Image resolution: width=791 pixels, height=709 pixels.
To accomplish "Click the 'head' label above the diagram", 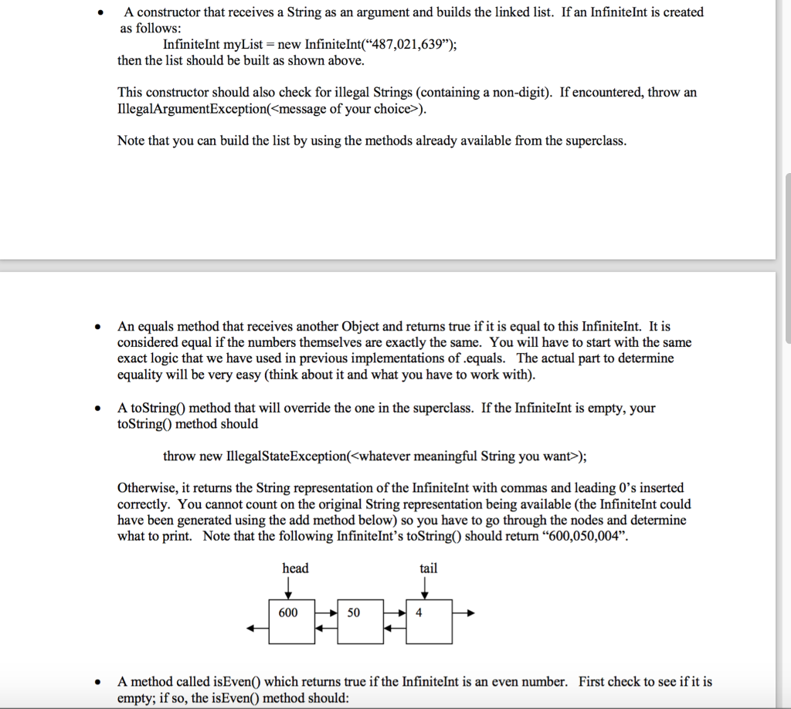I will [295, 568].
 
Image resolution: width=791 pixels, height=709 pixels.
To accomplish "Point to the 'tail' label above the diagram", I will [428, 568].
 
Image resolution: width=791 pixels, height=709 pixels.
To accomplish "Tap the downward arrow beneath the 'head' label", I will [288, 589].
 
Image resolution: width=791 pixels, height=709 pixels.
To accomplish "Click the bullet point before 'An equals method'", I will [97, 327].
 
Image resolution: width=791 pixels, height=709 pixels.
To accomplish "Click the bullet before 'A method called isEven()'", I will [97, 682].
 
